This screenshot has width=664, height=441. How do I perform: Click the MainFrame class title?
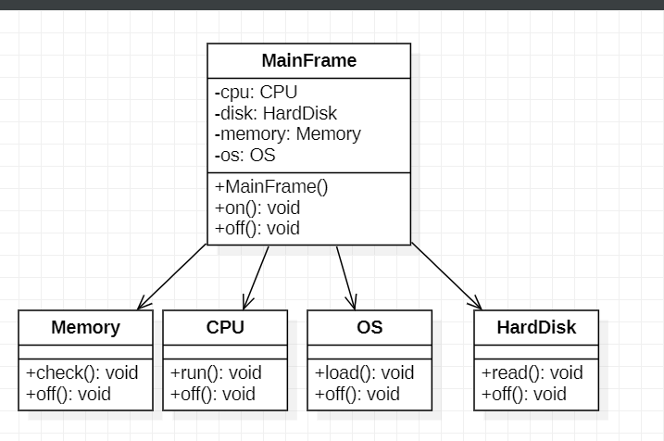point(308,61)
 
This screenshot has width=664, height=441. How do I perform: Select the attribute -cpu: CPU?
point(257,92)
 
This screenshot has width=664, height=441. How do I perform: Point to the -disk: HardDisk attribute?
point(276,113)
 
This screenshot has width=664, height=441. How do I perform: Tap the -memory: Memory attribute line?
point(288,134)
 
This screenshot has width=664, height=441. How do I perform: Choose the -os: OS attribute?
point(245,156)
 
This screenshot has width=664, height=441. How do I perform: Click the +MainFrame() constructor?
point(271,186)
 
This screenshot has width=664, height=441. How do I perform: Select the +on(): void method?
point(257,208)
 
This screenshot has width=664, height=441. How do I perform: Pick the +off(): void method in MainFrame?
point(257,228)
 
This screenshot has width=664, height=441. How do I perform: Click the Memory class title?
point(85,327)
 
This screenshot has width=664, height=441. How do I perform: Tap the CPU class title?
point(225,327)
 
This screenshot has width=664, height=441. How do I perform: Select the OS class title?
point(370,327)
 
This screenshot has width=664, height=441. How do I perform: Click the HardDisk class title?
point(536,327)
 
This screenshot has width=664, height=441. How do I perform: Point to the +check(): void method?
point(81,372)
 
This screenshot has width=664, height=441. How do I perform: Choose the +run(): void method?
point(216,372)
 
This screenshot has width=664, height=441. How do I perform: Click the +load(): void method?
point(365,372)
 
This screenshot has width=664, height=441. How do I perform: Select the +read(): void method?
point(532,372)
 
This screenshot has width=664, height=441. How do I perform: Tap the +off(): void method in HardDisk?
point(523,394)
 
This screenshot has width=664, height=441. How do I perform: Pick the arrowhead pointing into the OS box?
point(351,304)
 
